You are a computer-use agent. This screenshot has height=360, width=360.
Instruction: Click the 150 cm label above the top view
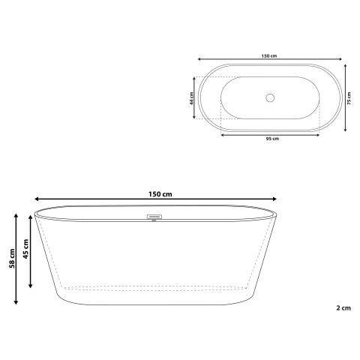[x=269, y=54]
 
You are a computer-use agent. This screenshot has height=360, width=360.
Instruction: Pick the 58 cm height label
[x=10, y=259]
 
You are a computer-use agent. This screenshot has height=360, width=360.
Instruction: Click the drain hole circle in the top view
[x=271, y=97]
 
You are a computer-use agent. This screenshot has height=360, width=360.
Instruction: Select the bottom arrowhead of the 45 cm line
[x=30, y=286]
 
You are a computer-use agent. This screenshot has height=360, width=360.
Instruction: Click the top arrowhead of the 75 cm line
[x=345, y=65]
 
